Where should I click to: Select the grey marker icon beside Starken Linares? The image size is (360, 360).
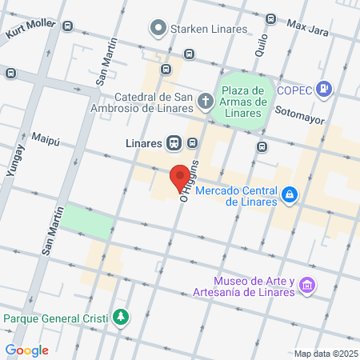[x=158, y=30]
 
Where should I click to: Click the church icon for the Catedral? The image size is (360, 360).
[x=206, y=101]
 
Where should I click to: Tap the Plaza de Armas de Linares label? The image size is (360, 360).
[x=243, y=101]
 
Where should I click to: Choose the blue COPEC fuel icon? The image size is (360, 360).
[x=324, y=88]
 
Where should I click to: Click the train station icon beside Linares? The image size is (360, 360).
[x=174, y=143]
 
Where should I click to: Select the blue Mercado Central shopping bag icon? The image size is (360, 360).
[x=290, y=193]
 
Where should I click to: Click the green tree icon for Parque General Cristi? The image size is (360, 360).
[x=120, y=318]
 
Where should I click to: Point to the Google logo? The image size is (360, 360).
[x=27, y=350]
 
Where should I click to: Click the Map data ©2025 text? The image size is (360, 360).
[x=324, y=354]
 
